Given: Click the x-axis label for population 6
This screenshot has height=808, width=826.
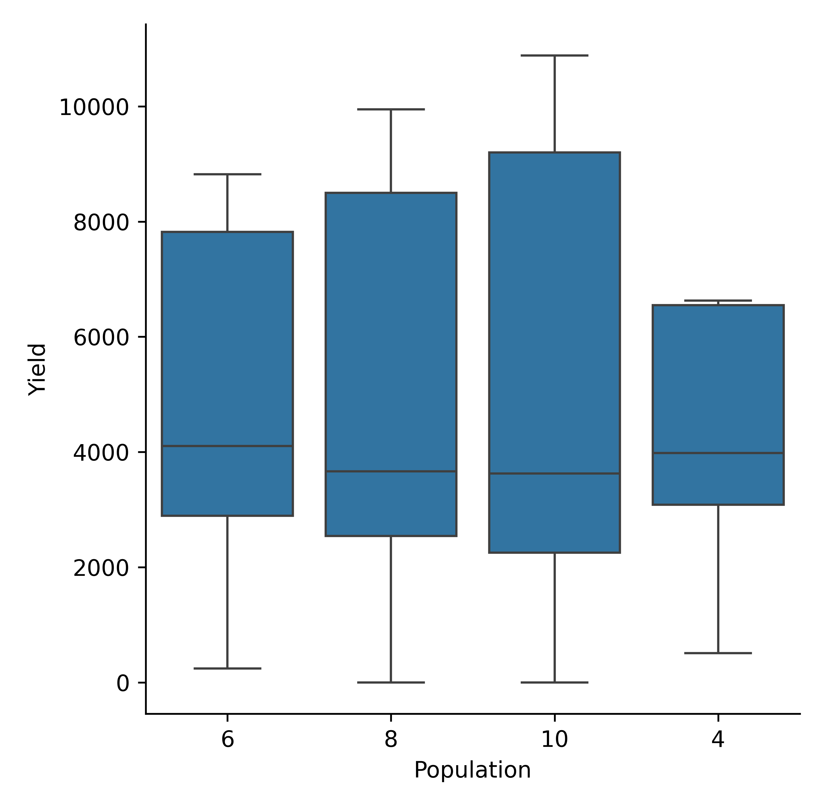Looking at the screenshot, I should [x=227, y=739].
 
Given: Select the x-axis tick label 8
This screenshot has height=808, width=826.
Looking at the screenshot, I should [x=390, y=739].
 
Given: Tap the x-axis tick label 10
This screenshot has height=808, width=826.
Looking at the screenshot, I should [x=554, y=739].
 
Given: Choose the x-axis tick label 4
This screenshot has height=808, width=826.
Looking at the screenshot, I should [x=718, y=739].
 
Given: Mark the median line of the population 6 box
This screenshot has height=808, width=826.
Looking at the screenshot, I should [x=227, y=446].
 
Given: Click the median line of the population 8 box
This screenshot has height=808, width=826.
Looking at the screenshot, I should [x=390, y=471].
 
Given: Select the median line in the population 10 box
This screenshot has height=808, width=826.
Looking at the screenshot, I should [x=554, y=473].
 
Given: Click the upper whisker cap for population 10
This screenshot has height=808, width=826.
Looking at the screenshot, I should [x=554, y=55].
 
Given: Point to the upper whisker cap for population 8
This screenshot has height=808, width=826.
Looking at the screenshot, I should [x=390, y=110].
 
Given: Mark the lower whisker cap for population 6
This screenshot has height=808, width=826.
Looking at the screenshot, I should [x=227, y=668].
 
